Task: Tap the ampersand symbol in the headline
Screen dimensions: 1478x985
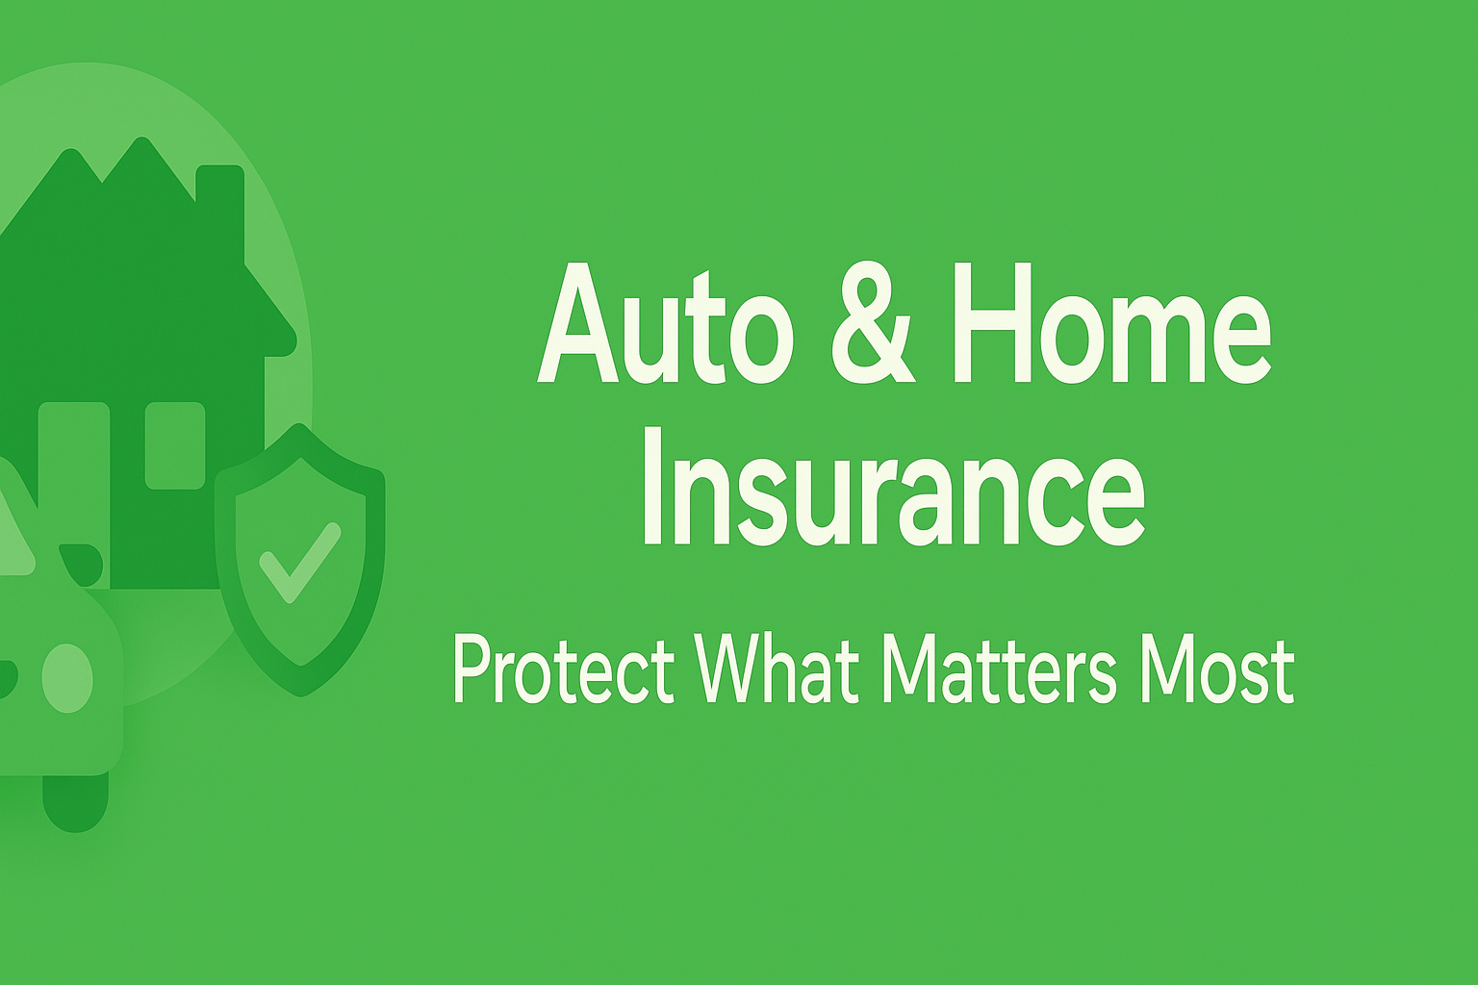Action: click(x=873, y=324)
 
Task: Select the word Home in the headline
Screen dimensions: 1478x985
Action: click(x=1112, y=324)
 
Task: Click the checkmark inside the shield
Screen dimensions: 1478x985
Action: click(x=299, y=562)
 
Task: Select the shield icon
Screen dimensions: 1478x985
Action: click(x=300, y=560)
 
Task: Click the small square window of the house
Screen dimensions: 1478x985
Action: click(x=175, y=445)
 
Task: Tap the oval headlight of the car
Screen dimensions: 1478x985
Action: click(x=67, y=678)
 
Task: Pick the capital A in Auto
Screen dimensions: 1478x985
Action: click(x=578, y=324)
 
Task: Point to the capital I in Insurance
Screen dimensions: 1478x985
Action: click(x=650, y=486)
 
